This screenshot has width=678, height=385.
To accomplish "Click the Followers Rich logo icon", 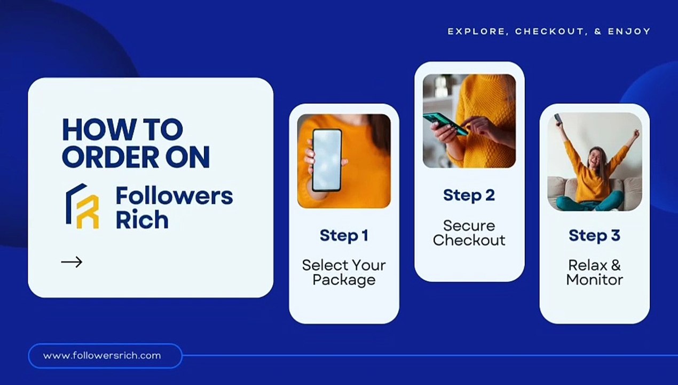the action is [82, 206].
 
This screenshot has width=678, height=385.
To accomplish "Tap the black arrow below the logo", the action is [72, 262].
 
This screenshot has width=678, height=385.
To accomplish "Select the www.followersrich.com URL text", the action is [102, 356].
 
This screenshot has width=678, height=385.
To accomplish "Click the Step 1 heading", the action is [344, 236].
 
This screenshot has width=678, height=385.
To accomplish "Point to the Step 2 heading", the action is [469, 195].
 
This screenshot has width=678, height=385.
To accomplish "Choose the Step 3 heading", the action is [595, 236].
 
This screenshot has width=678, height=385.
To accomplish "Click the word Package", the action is [344, 280].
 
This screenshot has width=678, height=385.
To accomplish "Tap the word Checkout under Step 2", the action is [469, 240].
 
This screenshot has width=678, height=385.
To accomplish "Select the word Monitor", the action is [595, 280].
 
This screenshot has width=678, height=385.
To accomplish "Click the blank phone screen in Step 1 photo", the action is [327, 160].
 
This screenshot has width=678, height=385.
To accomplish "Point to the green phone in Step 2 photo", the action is [445, 124].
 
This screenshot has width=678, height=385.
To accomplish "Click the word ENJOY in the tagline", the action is [629, 32].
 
